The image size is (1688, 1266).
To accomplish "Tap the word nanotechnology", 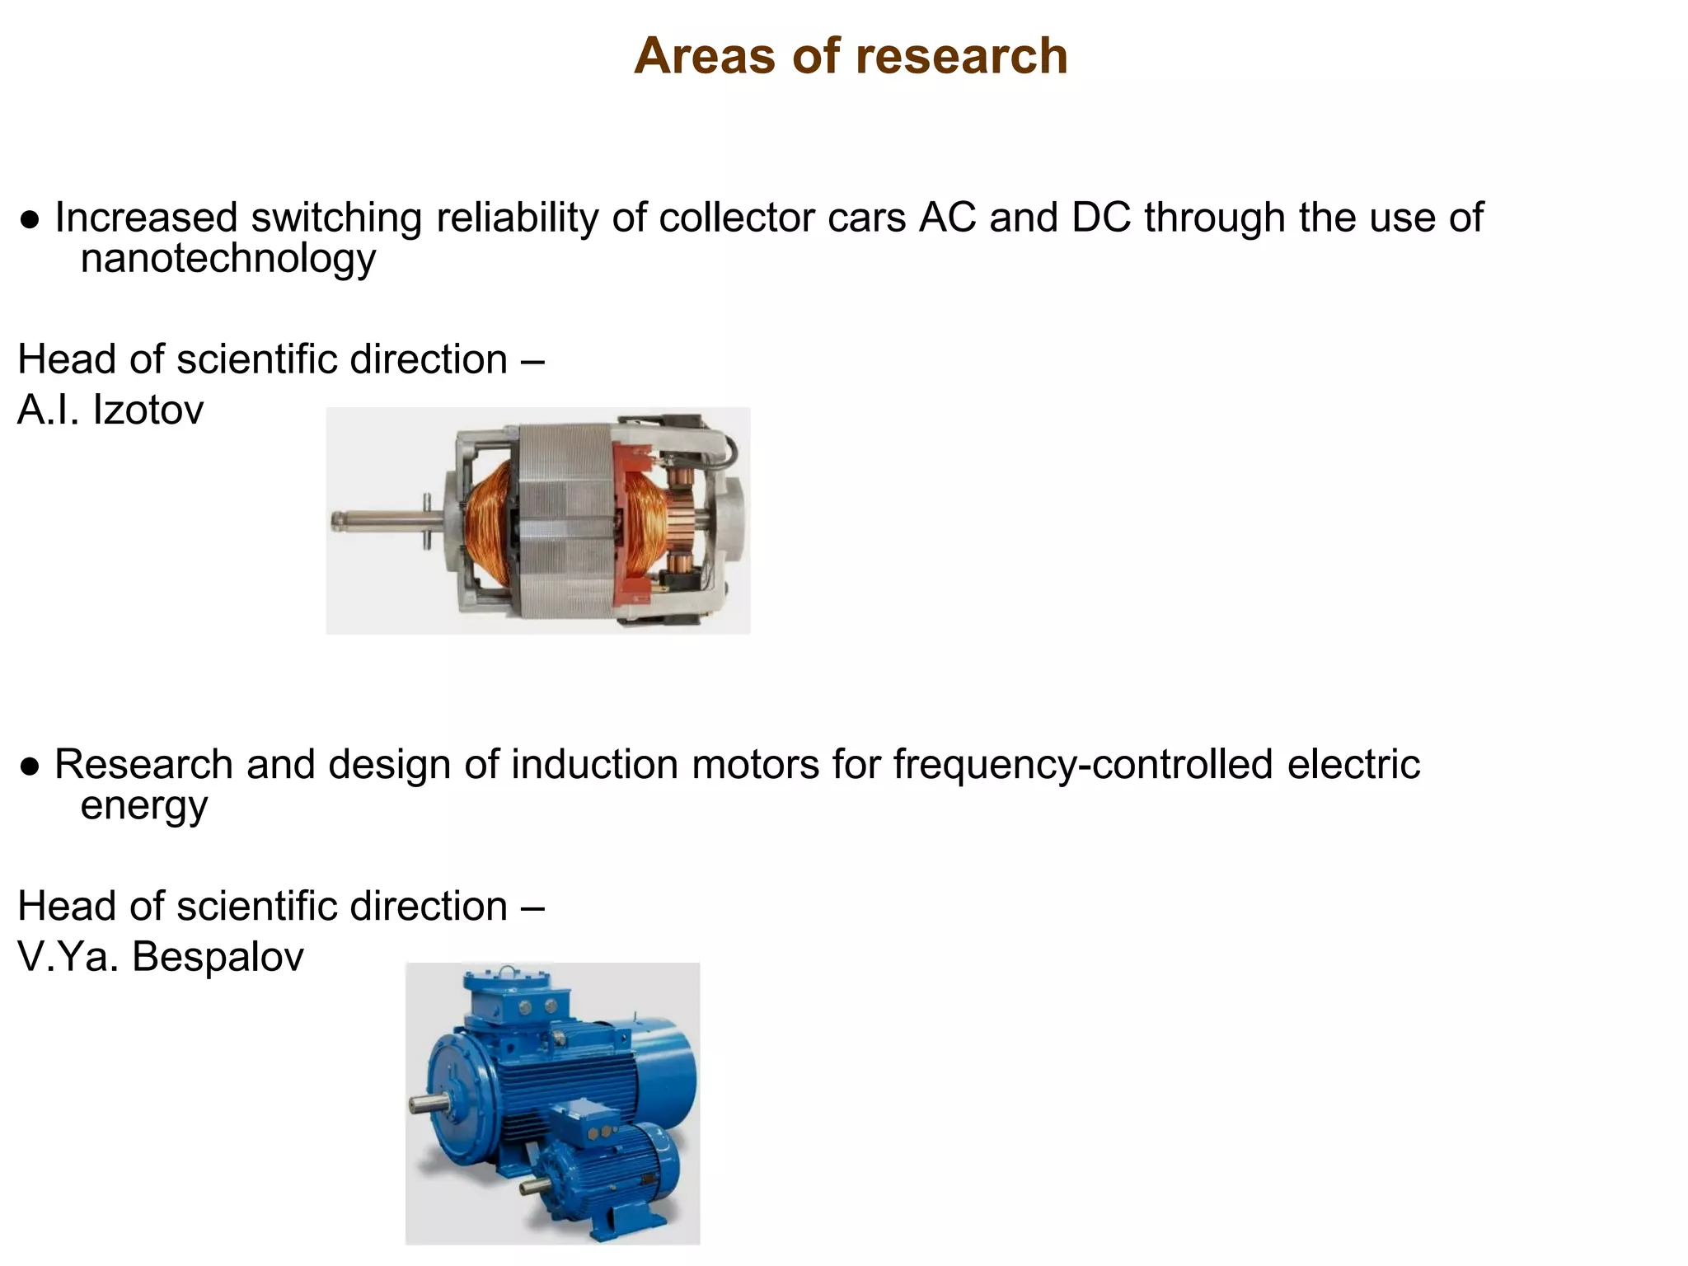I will click(228, 258).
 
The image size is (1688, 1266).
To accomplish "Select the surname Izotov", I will click(148, 410).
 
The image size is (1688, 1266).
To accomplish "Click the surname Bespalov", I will click(218, 957).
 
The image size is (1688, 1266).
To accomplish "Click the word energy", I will click(144, 805).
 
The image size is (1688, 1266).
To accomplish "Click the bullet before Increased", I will click(30, 220).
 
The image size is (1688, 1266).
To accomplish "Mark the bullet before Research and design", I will click(30, 767).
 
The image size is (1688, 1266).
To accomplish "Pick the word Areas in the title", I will click(706, 56).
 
